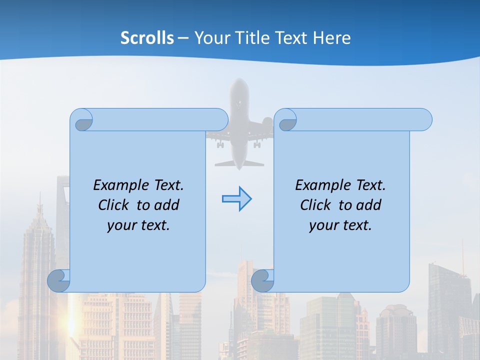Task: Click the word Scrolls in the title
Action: [147, 38]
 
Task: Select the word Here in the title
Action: [332, 38]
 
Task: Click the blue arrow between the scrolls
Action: [236, 199]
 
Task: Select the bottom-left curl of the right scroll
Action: [263, 280]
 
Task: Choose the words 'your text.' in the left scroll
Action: [138, 225]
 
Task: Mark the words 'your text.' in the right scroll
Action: [340, 225]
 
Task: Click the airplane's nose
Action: [239, 83]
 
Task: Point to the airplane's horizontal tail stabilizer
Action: [239, 163]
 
